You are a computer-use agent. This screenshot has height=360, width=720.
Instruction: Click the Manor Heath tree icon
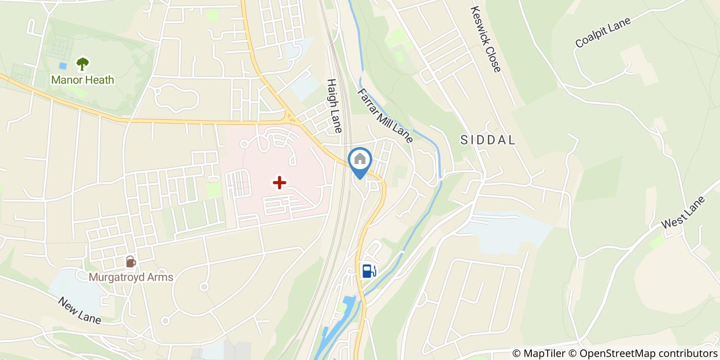pos(82,63)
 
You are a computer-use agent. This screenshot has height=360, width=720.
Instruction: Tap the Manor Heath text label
pos(82,80)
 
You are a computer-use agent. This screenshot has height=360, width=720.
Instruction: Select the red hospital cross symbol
pos(279,183)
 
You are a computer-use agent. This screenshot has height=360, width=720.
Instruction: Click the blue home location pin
pos(360,160)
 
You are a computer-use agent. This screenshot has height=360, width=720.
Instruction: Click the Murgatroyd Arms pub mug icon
pos(131,262)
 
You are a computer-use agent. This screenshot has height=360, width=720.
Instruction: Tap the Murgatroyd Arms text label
pos(131,277)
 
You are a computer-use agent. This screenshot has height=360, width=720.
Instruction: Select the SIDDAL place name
pos(488,140)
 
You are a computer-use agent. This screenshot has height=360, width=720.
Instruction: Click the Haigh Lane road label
pos(334,106)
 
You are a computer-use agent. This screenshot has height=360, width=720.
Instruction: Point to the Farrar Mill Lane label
pos(385,115)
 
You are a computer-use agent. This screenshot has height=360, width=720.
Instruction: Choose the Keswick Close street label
pos(485,39)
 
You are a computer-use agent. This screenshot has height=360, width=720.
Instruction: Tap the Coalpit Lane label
pos(603,31)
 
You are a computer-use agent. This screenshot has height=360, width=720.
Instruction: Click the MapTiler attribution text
pos(539,353)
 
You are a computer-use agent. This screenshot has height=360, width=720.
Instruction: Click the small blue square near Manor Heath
pos(63,66)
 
